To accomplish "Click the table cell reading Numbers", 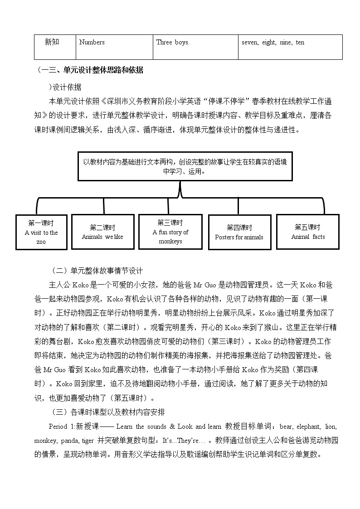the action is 92,43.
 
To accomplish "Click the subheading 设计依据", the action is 67,87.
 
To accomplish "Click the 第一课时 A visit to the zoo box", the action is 41,232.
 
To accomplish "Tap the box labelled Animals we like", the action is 102,232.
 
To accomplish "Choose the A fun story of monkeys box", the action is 170,232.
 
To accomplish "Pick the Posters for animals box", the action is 239,232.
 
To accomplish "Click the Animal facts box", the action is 308,232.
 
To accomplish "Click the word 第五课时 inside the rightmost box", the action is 307,227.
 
